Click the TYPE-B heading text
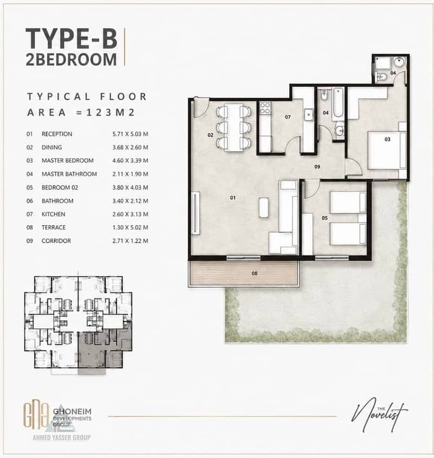[x=72, y=39]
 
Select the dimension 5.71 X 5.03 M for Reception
[x=130, y=134]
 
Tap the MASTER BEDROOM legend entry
[x=67, y=161]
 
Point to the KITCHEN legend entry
[x=54, y=214]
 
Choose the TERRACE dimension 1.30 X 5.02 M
[x=130, y=227]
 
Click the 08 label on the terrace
[x=254, y=273]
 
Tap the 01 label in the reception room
[x=233, y=198]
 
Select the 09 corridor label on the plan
[x=317, y=167]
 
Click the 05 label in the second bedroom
[x=325, y=218]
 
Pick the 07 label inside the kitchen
[x=288, y=117]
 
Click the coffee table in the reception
[x=264, y=207]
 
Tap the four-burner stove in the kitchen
[x=265, y=108]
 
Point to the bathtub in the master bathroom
[x=339, y=104]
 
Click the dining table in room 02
[x=233, y=128]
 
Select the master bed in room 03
[x=387, y=150]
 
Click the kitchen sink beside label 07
[x=309, y=114]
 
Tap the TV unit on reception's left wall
[x=196, y=213]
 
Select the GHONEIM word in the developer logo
[x=72, y=412]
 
